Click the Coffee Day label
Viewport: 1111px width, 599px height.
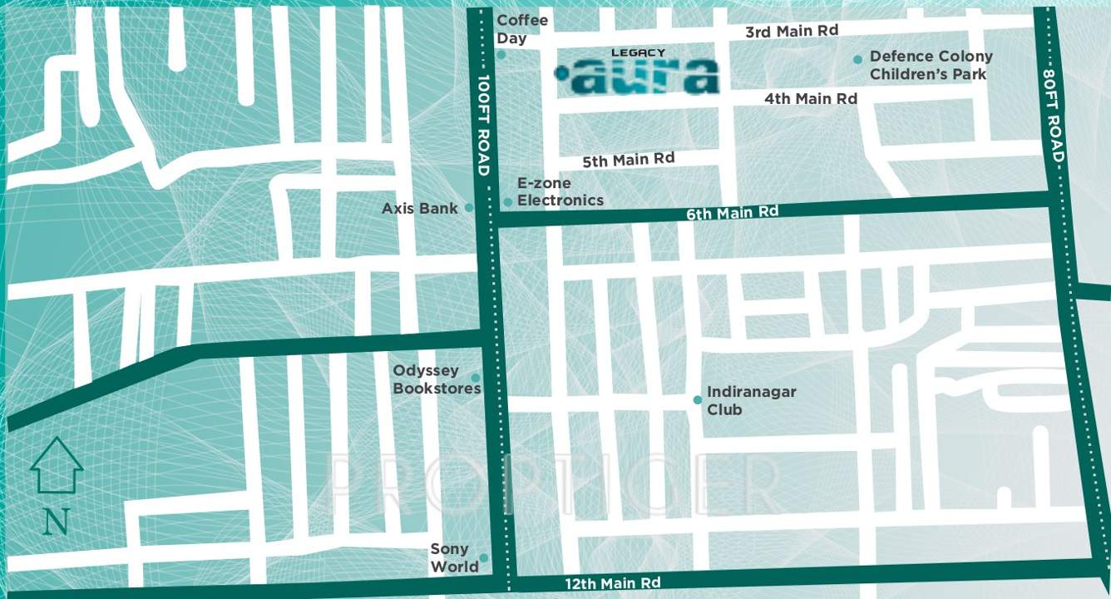(x=521, y=29)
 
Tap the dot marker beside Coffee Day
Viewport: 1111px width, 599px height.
(x=501, y=55)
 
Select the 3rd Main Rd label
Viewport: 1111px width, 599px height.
(x=791, y=32)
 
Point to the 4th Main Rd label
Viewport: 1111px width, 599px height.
(x=811, y=99)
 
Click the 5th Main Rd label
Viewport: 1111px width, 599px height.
(x=628, y=160)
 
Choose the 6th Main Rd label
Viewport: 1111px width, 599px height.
(x=732, y=213)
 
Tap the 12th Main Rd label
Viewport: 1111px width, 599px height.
(x=613, y=583)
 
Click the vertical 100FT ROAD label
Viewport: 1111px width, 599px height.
(x=483, y=126)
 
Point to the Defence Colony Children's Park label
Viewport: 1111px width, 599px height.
(x=930, y=65)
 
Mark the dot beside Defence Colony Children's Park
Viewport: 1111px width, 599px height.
(x=857, y=59)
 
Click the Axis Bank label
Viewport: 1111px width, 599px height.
(x=419, y=209)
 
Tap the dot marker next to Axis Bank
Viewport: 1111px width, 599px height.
(x=469, y=208)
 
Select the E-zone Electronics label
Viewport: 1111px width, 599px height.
(x=560, y=192)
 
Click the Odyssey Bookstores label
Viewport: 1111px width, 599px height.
(x=436, y=379)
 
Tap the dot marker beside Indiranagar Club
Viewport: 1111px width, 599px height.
(x=698, y=400)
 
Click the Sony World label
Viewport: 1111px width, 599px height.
(x=454, y=557)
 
